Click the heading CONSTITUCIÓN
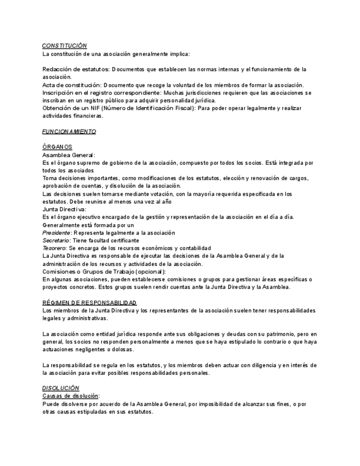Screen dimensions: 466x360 tap(64, 46)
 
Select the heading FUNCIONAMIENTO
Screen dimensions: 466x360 tap(69, 132)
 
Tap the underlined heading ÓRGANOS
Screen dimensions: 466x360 tap(57, 147)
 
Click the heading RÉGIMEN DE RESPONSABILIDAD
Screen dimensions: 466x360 tap(90, 303)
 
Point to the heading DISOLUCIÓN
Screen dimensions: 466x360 tap(60, 388)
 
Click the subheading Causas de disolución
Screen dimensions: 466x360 tap(70, 396)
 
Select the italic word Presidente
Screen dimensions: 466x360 tap(57, 232)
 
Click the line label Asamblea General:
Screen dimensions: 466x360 tap(69, 155)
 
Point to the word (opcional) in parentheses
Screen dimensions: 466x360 tap(149, 271)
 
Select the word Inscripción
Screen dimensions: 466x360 tap(58, 93)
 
